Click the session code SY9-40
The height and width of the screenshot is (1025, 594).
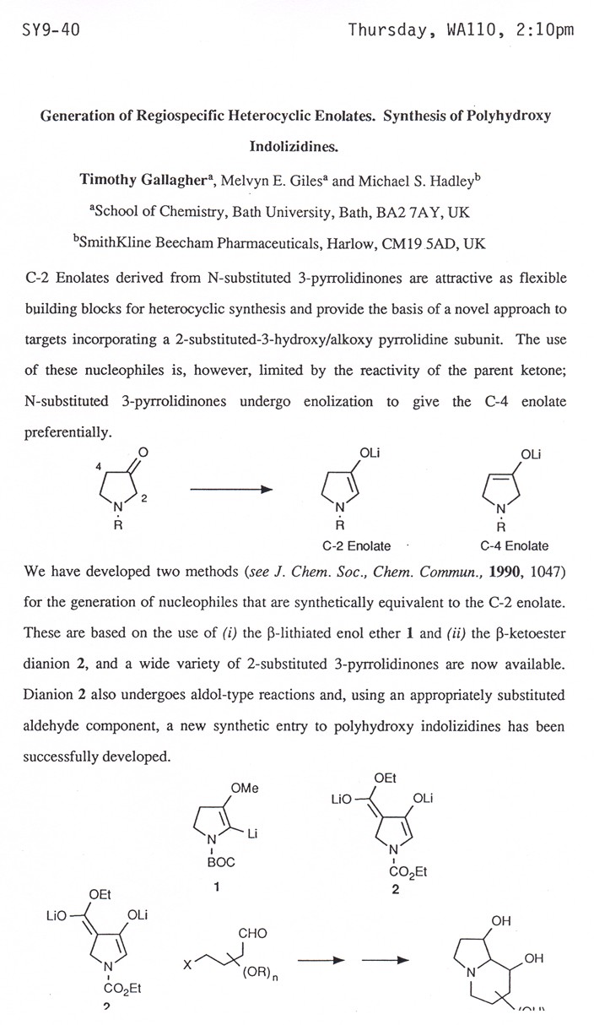tap(51, 31)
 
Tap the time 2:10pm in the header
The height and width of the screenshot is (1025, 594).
tap(547, 31)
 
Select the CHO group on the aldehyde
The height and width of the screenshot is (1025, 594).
tap(252, 933)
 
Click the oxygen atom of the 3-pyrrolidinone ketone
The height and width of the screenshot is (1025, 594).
tap(143, 453)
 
